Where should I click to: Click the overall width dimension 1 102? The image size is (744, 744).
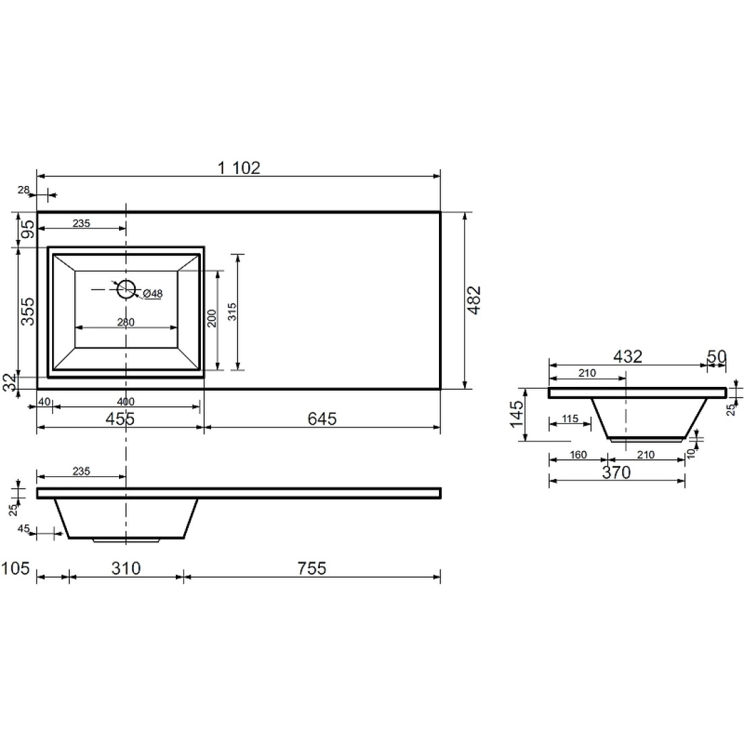pos(239,168)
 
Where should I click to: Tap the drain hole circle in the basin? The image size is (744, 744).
pos(126,290)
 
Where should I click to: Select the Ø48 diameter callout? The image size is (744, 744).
pos(152,294)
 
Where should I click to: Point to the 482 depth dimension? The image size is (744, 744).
pos(474,300)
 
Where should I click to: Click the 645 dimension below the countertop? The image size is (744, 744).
pos(322,419)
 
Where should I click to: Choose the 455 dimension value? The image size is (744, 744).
pos(120,419)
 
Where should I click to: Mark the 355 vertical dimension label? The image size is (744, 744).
pos(28,311)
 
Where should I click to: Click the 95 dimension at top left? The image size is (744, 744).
pos(28,230)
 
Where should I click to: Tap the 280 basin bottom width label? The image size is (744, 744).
pos(126,322)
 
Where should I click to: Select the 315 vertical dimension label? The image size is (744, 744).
pos(232,312)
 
